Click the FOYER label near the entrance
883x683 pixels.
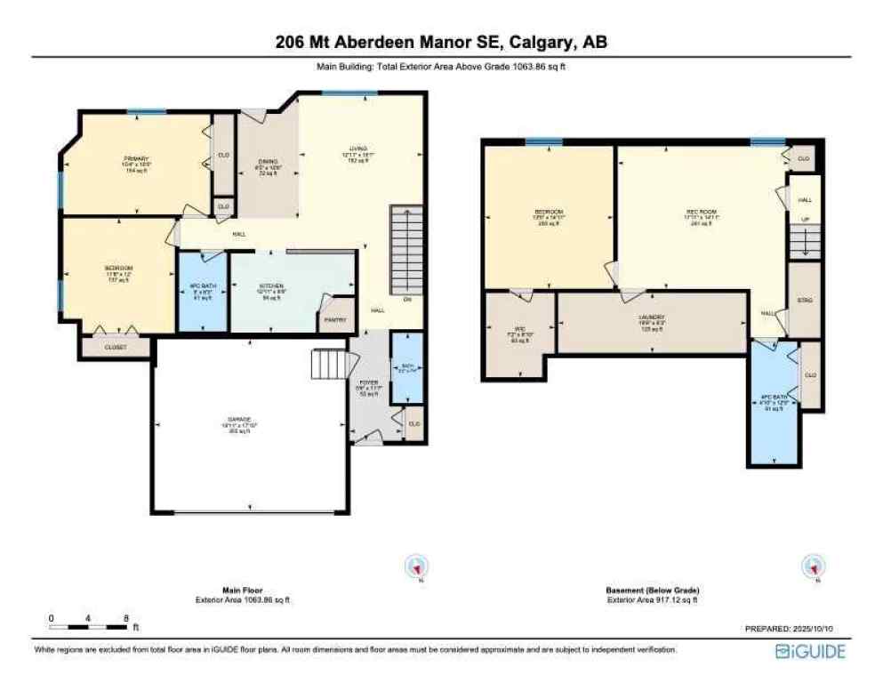tap(369, 382)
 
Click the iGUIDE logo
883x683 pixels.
tap(810, 652)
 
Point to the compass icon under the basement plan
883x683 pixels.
tap(811, 566)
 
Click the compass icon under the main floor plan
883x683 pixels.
tap(417, 566)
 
